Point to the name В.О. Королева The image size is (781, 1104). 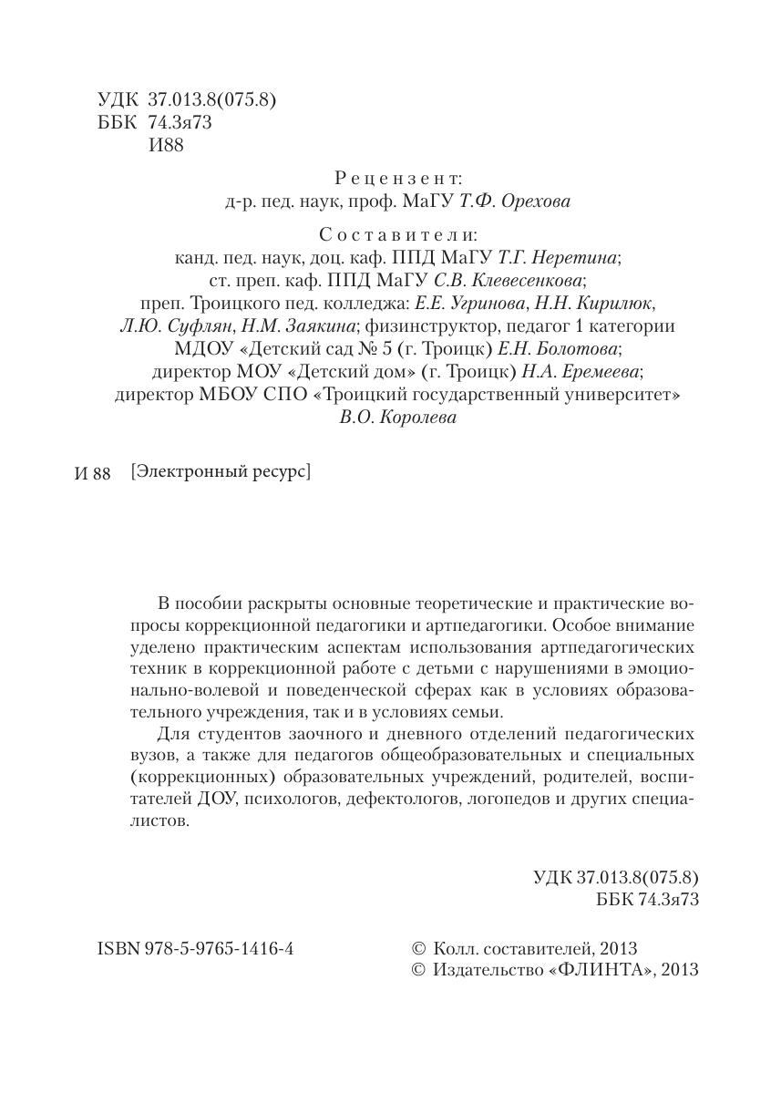(398, 418)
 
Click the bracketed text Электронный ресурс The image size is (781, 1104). (221, 472)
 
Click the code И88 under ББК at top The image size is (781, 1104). (166, 145)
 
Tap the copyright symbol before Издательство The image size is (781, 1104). (419, 970)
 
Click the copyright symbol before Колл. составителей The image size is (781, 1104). (419, 948)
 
